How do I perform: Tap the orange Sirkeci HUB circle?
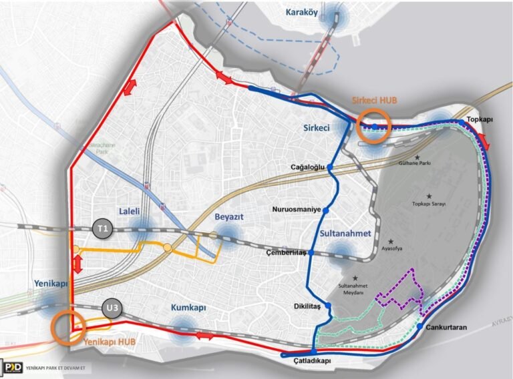coord(375,126)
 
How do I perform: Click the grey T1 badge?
coord(103,228)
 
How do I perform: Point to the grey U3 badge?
coord(114,308)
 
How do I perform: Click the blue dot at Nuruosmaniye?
coord(327,211)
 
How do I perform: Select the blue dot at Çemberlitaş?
coord(311,253)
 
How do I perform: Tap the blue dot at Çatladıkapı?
coord(313,352)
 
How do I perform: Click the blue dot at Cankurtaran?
coord(419,326)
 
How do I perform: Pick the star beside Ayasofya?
coord(392,241)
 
